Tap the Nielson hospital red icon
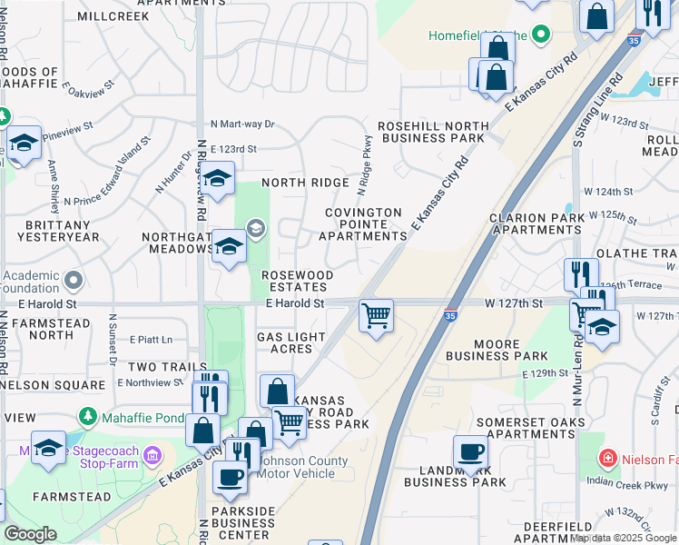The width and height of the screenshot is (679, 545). coord(611,459)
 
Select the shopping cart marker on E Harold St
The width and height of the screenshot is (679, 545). coord(376,317)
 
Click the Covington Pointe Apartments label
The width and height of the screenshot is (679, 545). coord(363,223)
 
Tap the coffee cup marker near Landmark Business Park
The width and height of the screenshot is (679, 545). coord(471,452)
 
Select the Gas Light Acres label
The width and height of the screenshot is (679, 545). coord(290,342)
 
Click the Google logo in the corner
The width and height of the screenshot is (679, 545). coord(30,534)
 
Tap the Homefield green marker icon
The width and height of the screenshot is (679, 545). coord(541,36)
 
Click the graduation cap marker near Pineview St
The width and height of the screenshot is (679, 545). coord(25,144)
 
